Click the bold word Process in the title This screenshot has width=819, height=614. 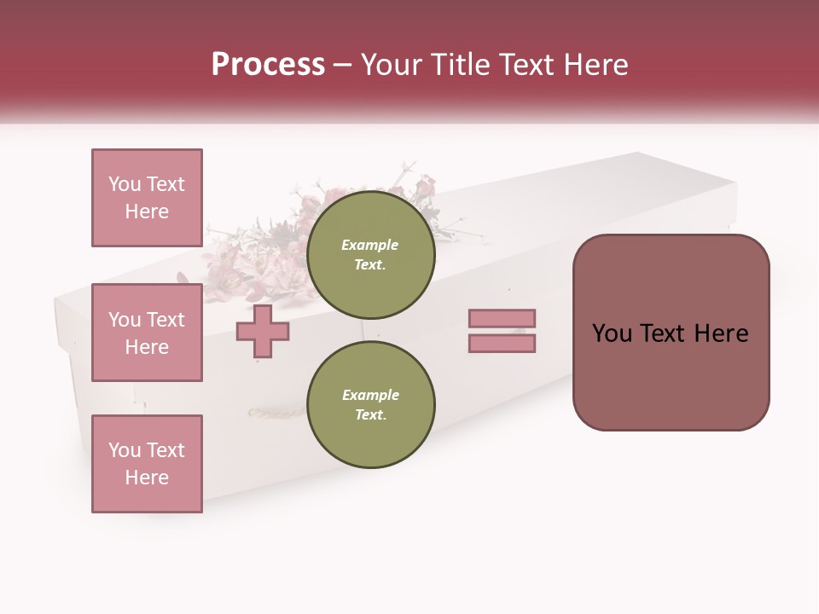pos(268,65)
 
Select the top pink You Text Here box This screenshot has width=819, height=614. pos(147,198)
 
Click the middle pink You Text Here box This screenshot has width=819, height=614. pos(147,333)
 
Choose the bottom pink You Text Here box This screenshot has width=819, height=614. pos(147,464)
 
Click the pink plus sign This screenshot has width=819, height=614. pos(263,331)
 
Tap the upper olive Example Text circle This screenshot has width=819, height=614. pos(370,254)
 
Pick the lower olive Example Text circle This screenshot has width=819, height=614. pos(370,404)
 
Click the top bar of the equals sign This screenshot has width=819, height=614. pos(502,319)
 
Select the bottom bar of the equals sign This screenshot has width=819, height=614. pos(502,343)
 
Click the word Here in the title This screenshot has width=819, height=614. pos(596,65)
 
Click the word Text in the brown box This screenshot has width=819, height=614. pos(671,333)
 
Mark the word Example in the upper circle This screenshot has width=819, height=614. pos(369,245)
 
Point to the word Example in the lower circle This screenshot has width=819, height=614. pos(369,395)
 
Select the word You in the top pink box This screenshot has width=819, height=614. pos(125,184)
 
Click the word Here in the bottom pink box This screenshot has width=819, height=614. pos(147,478)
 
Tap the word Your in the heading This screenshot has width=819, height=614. pos(390,65)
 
